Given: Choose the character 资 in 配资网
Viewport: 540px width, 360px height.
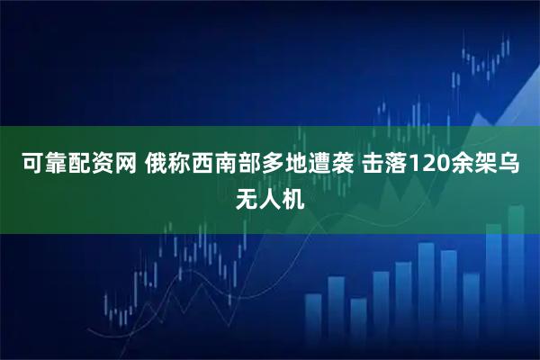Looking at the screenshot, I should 106,166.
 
